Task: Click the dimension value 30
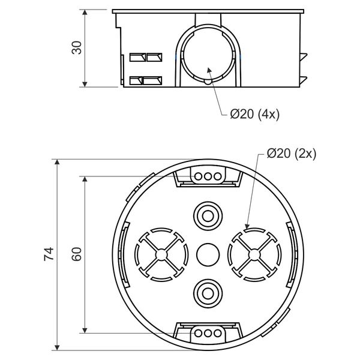[77, 48]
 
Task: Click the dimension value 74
[49, 254]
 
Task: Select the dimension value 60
[77, 254]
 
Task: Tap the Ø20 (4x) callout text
[254, 114]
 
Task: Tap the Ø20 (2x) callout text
[292, 154]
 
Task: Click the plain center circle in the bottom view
[208, 255]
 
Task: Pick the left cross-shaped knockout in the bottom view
[161, 254]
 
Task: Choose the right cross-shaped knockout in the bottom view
[254, 254]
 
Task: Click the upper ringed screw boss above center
[208, 216]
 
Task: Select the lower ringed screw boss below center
[208, 293]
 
